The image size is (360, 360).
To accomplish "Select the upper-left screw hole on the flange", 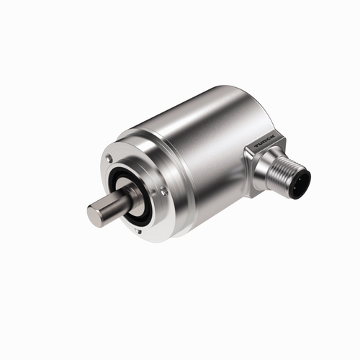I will [109, 158].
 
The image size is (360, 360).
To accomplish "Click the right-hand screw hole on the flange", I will [164, 191].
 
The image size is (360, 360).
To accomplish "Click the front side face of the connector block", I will [256, 173].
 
